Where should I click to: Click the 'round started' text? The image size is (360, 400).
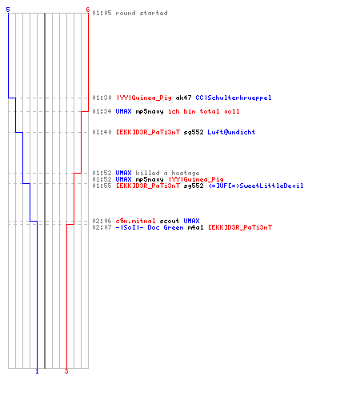[x=142, y=13]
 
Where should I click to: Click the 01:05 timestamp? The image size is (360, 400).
[x=102, y=13]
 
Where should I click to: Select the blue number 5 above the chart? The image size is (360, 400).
[x=8, y=10]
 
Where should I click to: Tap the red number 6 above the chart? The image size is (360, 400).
[x=88, y=10]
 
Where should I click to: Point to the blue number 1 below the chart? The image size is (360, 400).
[x=37, y=371]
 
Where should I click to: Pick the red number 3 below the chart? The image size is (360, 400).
[x=66, y=371]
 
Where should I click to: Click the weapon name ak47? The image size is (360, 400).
[x=183, y=98]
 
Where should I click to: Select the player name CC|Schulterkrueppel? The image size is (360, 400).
[x=234, y=98]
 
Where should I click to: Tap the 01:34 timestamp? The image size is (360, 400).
[x=102, y=111]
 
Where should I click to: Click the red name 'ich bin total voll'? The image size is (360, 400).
[x=204, y=111]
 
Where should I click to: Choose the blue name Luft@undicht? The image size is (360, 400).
[x=231, y=132]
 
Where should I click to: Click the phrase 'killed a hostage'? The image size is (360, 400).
[x=167, y=173]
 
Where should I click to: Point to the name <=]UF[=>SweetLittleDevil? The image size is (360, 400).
[x=256, y=186]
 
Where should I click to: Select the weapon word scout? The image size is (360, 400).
[x=170, y=221]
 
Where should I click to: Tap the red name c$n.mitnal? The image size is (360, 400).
[x=135, y=221]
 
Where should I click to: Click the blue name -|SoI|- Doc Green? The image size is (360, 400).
[x=150, y=227]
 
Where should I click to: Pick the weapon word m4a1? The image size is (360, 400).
[x=195, y=227]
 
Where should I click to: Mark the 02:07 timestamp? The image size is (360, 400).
[x=102, y=227]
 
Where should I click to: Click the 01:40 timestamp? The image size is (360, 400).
[x=102, y=132]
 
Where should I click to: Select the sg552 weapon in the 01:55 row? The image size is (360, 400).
[x=194, y=186]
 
